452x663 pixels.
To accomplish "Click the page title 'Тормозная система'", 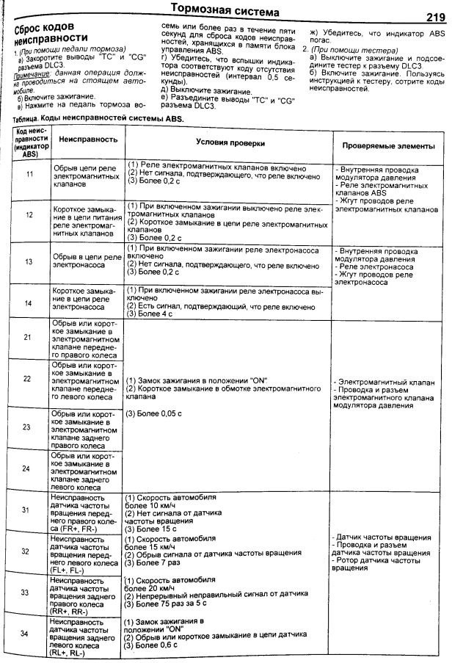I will click(x=225, y=12).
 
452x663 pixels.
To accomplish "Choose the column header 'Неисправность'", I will click(x=87, y=138).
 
